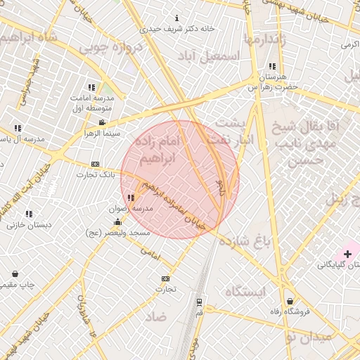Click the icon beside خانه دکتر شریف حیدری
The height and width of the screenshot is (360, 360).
pyautogui.click(x=176, y=18)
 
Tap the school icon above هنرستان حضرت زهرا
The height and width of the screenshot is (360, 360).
pyautogui.click(x=272, y=67)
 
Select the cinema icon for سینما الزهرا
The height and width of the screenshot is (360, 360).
pyautogui.click(x=102, y=123)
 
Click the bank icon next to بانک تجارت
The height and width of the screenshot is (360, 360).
pyautogui.click(x=96, y=164)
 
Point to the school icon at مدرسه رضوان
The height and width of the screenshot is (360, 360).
pyautogui.click(x=131, y=198)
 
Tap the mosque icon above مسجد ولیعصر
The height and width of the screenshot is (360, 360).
pyautogui.click(x=117, y=222)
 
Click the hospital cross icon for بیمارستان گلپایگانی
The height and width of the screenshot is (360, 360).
pyautogui.click(x=348, y=253)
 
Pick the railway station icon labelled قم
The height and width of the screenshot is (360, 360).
pyautogui.click(x=199, y=302)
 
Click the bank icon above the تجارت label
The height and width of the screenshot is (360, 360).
pyautogui.click(x=165, y=278)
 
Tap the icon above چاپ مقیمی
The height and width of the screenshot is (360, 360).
pyautogui.click(x=15, y=274)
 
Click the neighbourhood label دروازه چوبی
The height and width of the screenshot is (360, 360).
pyautogui.click(x=110, y=47)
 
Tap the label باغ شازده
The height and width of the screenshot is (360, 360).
pyautogui.click(x=245, y=242)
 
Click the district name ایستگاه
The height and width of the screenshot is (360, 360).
pyautogui.click(x=246, y=290)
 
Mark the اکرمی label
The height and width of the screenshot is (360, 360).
pyautogui.click(x=349, y=44)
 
